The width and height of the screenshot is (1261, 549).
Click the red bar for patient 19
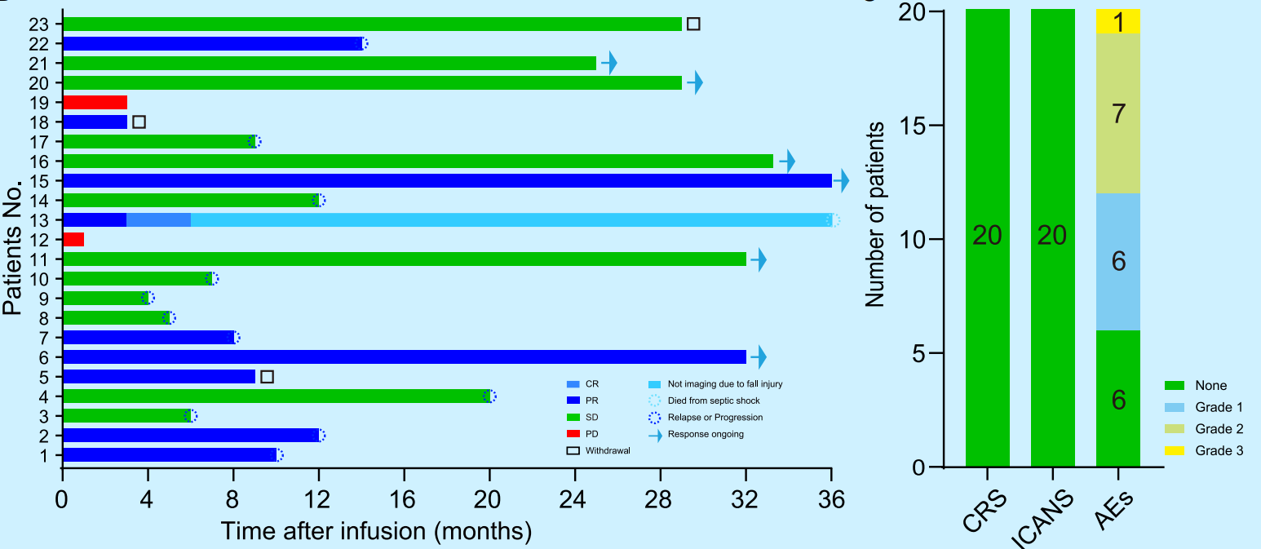point(95,103)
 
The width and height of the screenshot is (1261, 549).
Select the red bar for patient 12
point(73,240)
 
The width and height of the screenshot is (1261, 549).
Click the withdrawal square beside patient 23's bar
point(693,24)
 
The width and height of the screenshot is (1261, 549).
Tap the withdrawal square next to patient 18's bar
point(139,122)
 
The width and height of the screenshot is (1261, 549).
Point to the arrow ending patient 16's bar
point(787,162)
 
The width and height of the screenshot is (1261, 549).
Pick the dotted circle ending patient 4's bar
point(489,396)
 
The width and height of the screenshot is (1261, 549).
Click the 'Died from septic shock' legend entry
point(714,401)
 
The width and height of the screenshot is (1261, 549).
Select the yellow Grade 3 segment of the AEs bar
point(1118,21)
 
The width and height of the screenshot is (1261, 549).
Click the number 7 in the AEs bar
point(1118,114)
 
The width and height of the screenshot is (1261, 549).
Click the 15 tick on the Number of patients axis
point(911,126)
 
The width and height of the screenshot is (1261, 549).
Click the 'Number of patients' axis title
point(876,215)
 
